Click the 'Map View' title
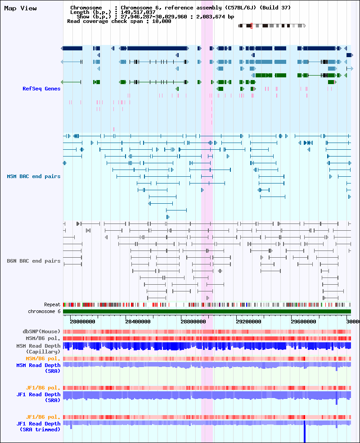pos(20,8)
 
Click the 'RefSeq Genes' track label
pos(41,89)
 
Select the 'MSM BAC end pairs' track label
pos(34,176)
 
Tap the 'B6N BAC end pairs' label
pos(34,261)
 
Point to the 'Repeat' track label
pos(52,304)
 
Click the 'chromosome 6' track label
pos(45,311)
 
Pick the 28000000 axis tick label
pos(82,322)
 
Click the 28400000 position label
pos(138,322)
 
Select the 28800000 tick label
pos(193,322)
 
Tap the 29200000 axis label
pos(249,322)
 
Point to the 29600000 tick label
pos(304,322)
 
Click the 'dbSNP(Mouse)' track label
pos(41,331)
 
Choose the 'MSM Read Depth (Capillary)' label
pos(38,349)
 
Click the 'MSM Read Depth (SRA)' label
pos(38,368)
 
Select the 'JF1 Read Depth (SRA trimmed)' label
pos(38,427)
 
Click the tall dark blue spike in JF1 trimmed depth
pos(305,431)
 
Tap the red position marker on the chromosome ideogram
pos(252,26)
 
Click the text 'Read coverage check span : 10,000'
pos(119,21)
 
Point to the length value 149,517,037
pos(138,12)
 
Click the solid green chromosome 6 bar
pos(207,311)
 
